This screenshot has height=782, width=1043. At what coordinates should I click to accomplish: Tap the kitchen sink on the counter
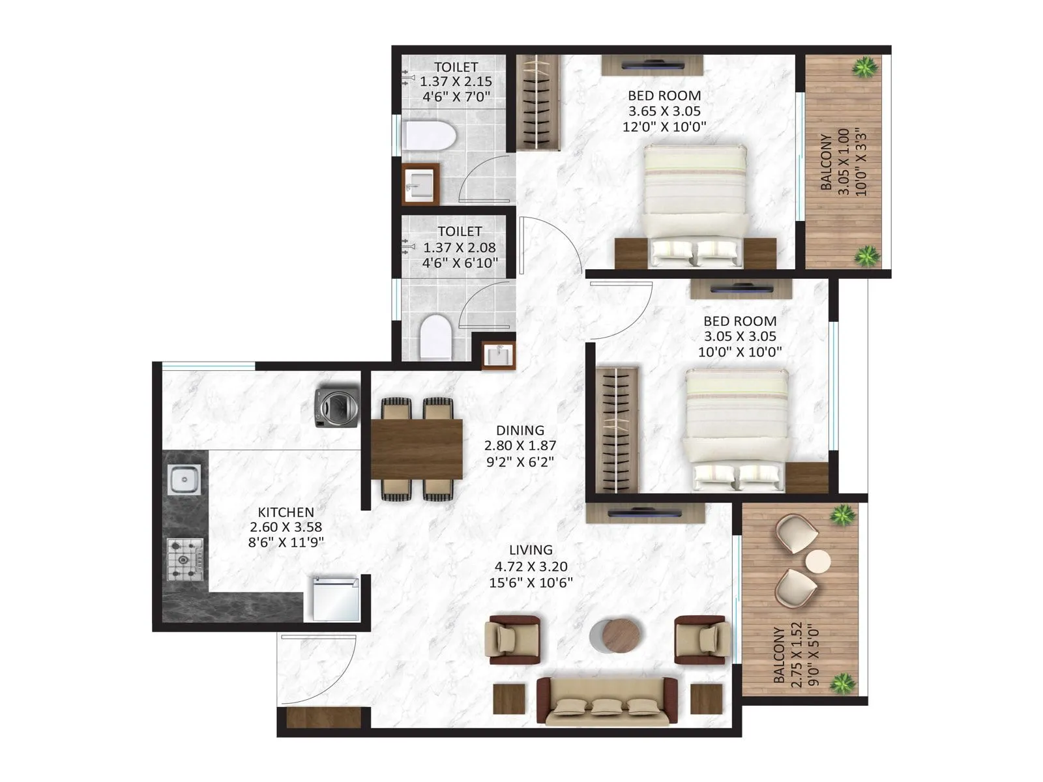pos(184,480)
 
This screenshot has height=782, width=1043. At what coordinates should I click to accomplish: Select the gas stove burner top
pos(185,559)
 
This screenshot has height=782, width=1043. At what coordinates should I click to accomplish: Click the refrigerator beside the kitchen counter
pos(336,598)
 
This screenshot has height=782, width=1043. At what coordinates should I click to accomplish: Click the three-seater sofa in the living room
pos(607,702)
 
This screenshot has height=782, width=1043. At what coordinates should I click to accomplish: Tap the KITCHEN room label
pos(286,512)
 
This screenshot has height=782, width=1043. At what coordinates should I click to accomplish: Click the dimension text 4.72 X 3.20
pos(531,566)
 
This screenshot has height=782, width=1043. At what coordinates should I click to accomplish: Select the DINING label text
pos(520,430)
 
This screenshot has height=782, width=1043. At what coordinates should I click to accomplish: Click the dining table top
pos(417,450)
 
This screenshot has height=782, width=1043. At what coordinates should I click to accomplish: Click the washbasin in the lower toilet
pos(498,356)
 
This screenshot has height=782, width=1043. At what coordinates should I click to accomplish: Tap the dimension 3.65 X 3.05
pos(664,111)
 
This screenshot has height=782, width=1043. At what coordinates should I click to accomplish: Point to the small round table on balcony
pos(817,560)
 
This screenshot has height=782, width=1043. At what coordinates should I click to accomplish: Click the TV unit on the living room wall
pos(645,514)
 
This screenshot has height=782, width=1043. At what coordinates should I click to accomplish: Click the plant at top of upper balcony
pos(865,66)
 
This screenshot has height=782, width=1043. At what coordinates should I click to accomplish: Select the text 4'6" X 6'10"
pos(460,263)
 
